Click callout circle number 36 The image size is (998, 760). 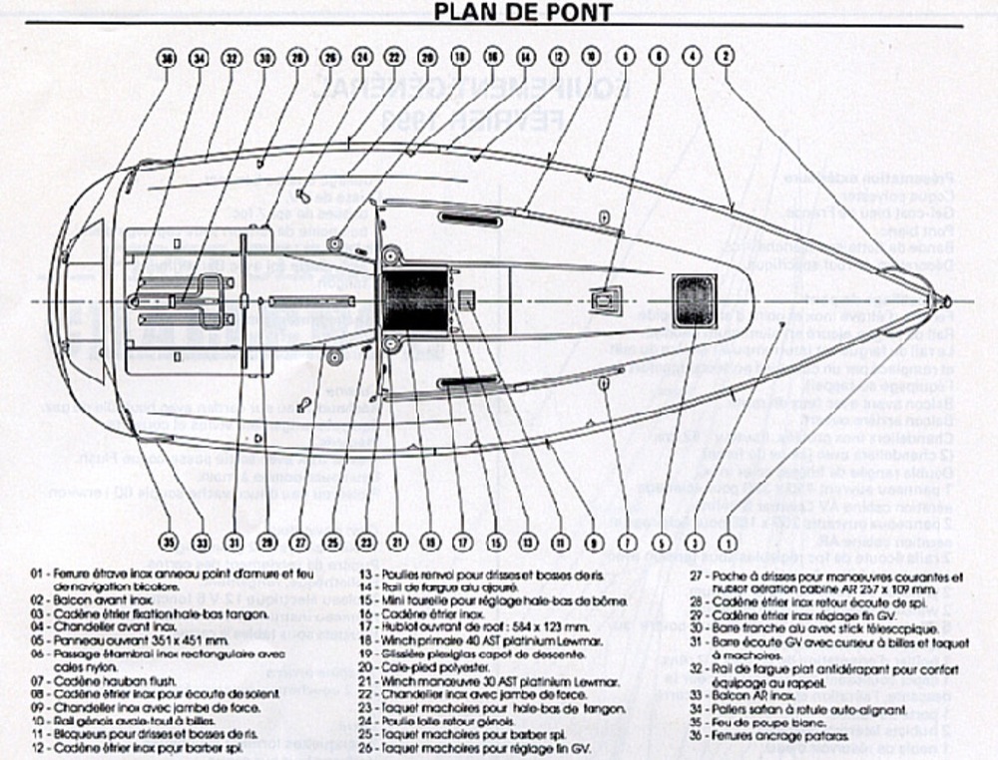coord(168,58)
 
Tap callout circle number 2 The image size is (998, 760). coord(725,58)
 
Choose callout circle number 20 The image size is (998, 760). coord(427,58)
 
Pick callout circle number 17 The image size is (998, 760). coord(461,544)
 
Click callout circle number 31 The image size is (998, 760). coord(234,544)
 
